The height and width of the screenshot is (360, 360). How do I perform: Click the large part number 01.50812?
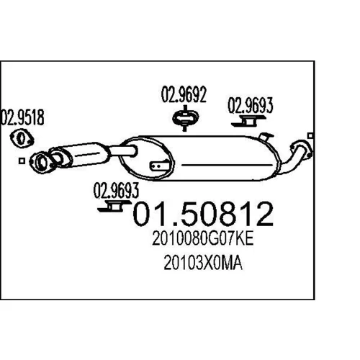click(203, 214)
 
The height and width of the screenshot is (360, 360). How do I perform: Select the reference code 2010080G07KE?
click(203, 238)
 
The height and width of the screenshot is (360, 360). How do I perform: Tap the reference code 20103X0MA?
click(203, 263)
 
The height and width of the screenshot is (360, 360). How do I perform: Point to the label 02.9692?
click(184, 94)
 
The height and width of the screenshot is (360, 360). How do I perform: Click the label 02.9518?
click(22, 117)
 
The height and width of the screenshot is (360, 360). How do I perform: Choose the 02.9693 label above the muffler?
click(250, 105)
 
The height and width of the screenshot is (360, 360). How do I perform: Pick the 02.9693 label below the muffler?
click(116, 191)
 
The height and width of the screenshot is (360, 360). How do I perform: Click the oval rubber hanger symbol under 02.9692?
click(185, 118)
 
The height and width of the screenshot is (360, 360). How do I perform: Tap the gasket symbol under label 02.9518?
click(22, 138)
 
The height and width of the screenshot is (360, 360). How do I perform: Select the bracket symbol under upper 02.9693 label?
click(248, 121)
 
